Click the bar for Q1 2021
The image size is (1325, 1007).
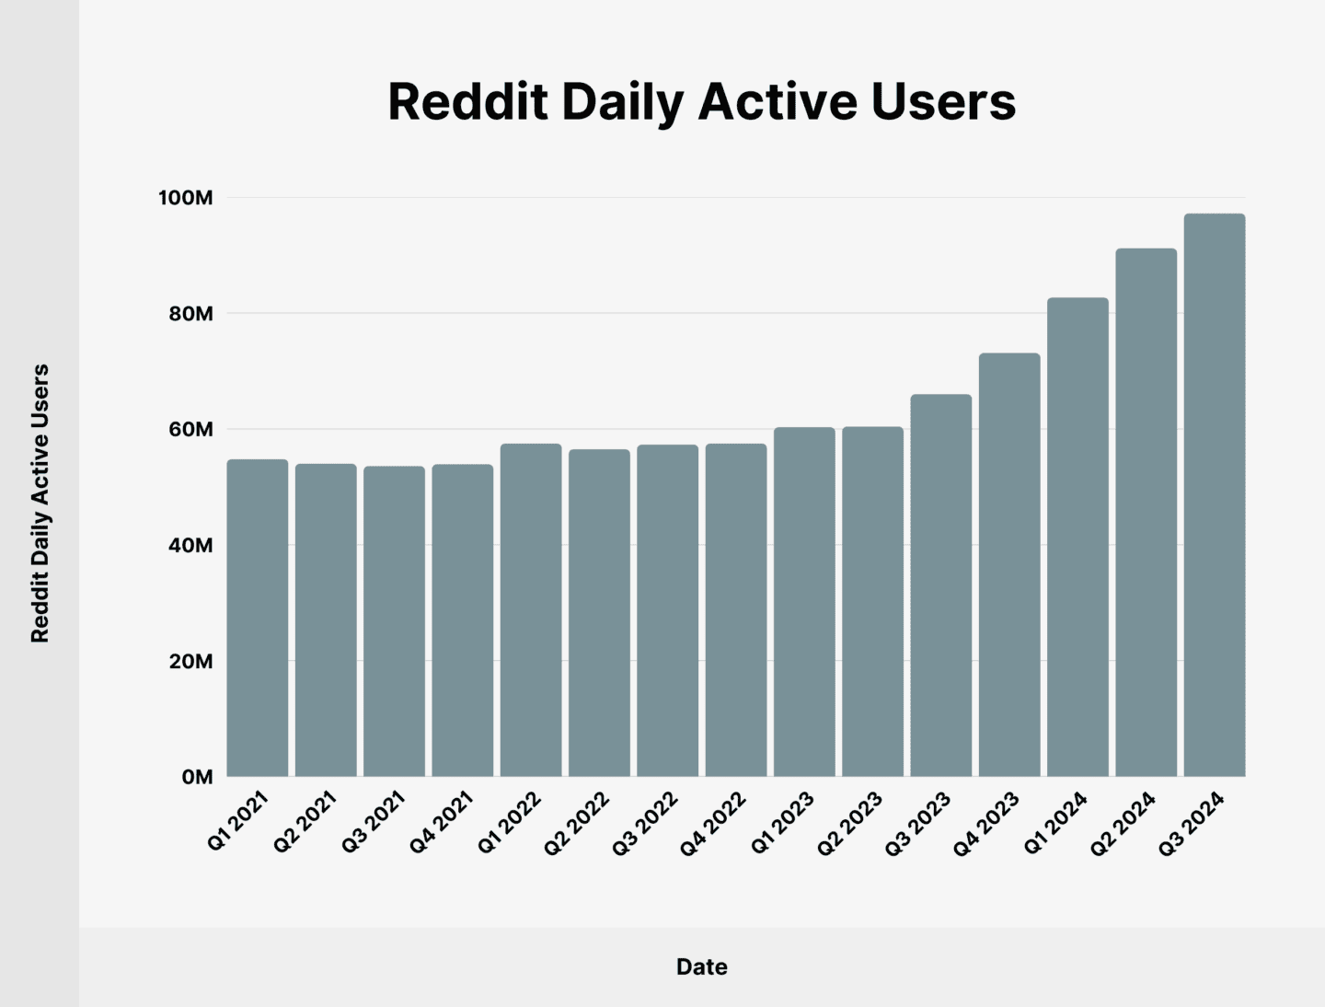[258, 618]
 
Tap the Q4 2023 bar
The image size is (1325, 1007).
[1009, 565]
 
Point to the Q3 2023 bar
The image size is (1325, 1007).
[940, 585]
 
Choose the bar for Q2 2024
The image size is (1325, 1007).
[1146, 513]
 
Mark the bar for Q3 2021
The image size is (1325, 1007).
[394, 621]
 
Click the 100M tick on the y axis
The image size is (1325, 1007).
[185, 198]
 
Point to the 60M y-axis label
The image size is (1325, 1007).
[190, 430]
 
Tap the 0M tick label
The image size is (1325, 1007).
[197, 777]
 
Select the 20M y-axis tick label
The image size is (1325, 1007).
[190, 662]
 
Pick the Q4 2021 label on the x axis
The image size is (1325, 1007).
[441, 822]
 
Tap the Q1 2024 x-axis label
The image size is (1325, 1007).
[1055, 823]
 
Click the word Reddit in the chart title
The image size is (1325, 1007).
[467, 101]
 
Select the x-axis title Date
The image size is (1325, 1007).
[702, 966]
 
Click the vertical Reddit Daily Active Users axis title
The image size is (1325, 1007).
[40, 503]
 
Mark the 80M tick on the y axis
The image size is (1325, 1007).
[190, 314]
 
